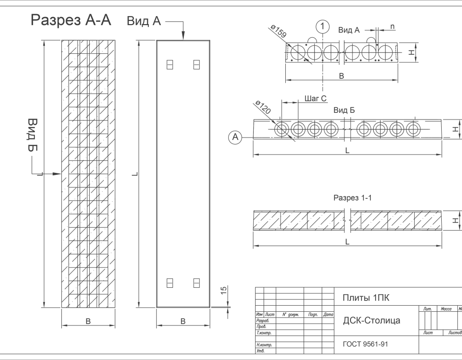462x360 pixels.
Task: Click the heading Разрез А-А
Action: point(71,21)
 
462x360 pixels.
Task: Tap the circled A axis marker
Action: point(235,137)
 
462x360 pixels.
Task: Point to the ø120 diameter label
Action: point(263,108)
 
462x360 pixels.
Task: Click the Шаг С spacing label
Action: point(316,99)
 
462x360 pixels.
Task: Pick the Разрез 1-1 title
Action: point(352,198)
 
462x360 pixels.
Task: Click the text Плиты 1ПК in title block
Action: point(366,298)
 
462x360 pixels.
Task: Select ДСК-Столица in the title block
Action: point(371,320)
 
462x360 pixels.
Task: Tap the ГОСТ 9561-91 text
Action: point(365,344)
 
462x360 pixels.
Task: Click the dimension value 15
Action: point(224,290)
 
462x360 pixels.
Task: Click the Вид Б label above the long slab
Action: point(343,110)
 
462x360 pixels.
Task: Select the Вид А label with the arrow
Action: point(144,21)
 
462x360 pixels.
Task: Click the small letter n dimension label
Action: point(393,27)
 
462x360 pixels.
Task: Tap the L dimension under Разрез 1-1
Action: point(347,242)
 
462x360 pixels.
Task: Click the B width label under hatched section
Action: point(88,321)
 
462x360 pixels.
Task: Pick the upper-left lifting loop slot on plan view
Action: point(170,64)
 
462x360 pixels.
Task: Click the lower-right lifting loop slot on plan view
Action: point(197,283)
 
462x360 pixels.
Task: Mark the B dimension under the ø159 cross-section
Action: point(342,76)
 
